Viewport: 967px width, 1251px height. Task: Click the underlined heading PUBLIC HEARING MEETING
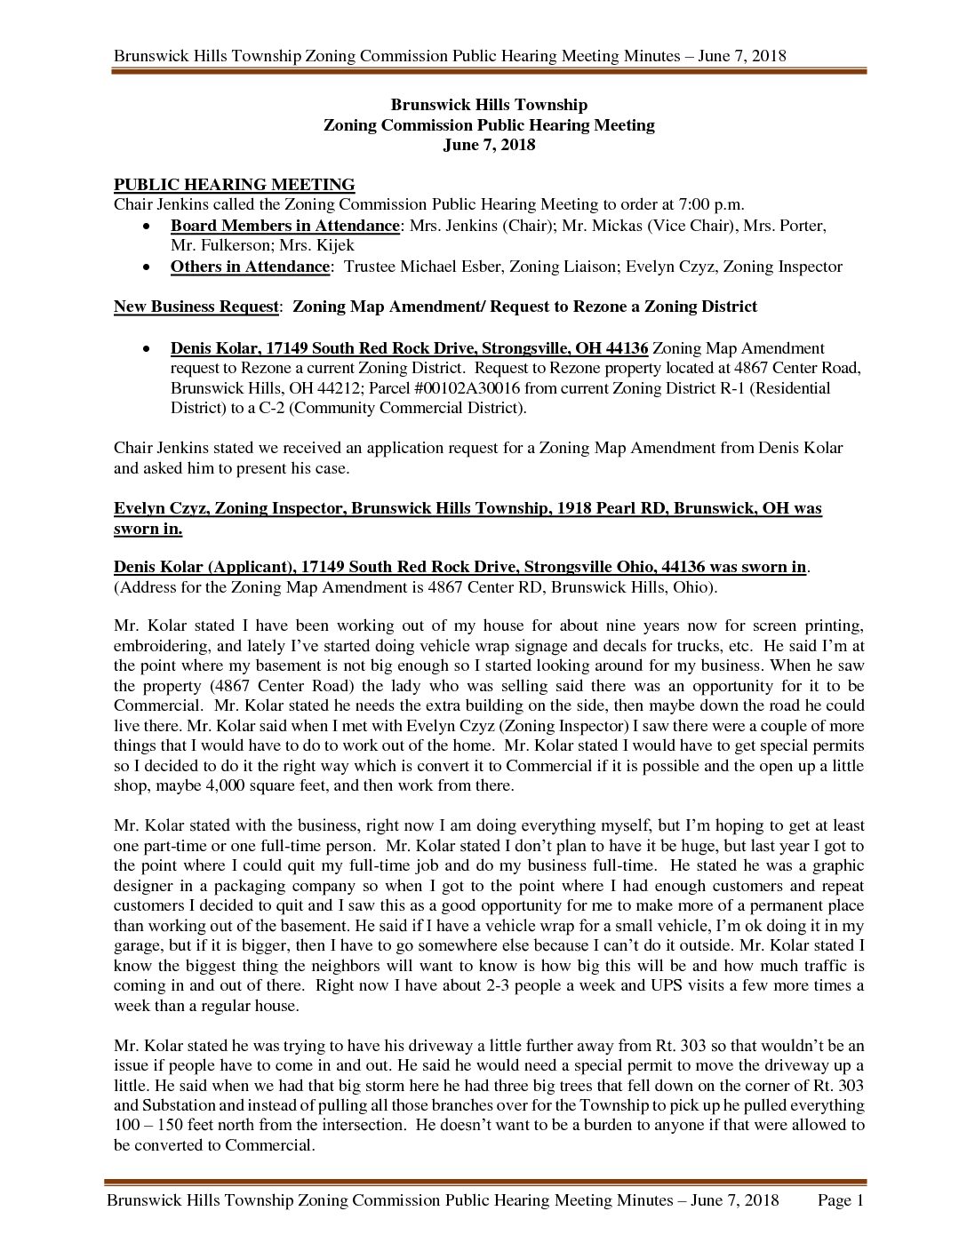234,185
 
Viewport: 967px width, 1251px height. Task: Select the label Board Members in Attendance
284,226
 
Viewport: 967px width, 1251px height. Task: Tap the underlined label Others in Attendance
250,267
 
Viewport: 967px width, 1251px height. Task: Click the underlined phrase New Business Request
196,307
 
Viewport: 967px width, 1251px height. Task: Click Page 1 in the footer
840,1201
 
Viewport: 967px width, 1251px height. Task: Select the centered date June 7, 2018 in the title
489,145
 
